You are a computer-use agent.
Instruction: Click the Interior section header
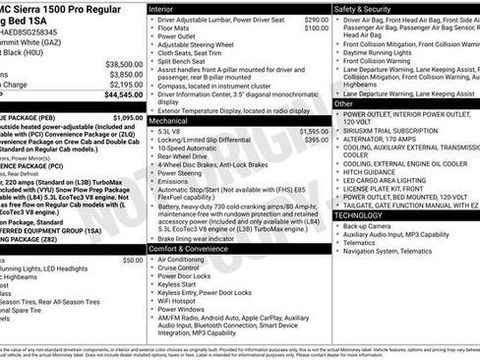pyautogui.click(x=161, y=8)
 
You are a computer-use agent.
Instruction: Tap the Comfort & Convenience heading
pyautogui.click(x=190, y=248)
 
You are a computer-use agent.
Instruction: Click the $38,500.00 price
pyautogui.click(x=124, y=63)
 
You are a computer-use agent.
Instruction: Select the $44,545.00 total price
pyautogui.click(x=124, y=95)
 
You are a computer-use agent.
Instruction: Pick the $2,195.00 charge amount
pyautogui.click(x=125, y=85)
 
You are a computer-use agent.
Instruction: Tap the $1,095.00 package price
pyautogui.click(x=125, y=116)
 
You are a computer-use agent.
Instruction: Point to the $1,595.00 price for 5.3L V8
pyautogui.click(x=314, y=131)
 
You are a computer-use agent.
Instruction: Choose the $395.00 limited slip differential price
pyautogui.click(x=317, y=141)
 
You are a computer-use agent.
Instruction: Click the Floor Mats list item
pyautogui.click(x=177, y=30)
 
